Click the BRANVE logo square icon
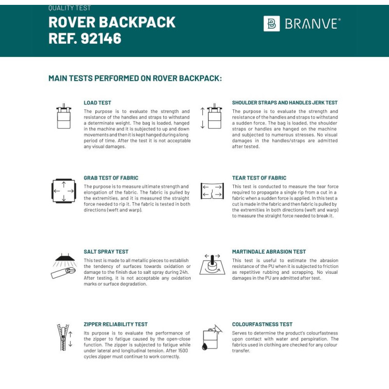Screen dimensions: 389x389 271,23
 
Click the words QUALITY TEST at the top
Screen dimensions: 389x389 70,8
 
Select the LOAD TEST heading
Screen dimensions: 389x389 97,103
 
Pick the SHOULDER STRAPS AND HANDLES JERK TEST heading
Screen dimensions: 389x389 284,103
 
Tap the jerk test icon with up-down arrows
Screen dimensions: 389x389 212,117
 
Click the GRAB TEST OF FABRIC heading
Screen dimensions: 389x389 111,178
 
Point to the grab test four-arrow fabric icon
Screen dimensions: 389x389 64,191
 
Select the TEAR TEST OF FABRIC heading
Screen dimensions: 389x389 259,178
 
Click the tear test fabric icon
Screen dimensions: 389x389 212,191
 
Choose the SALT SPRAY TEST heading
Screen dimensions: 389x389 106,252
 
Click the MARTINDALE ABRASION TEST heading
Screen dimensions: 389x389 269,252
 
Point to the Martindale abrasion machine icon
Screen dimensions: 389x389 212,264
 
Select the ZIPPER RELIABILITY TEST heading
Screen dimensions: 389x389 116,324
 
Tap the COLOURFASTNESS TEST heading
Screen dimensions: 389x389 262,324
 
